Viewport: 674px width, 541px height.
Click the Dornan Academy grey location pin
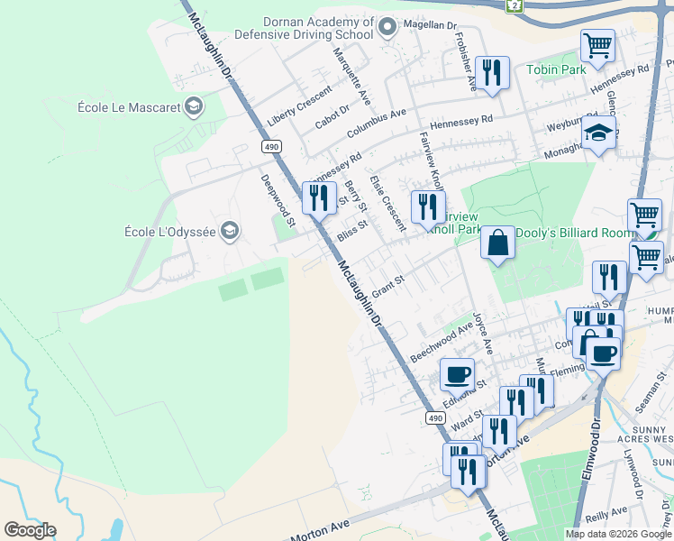point(387,26)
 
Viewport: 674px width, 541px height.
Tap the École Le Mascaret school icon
point(193,108)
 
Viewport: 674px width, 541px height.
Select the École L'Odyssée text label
point(169,232)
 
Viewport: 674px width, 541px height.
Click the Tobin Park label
point(556,69)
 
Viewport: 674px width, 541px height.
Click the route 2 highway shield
point(515,5)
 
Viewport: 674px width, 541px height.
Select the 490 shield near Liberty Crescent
point(272,146)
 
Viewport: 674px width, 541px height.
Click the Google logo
point(30,530)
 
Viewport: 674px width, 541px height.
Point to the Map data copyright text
point(618,534)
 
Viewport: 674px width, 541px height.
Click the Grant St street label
point(389,286)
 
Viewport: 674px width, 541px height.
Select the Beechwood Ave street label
point(441,340)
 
